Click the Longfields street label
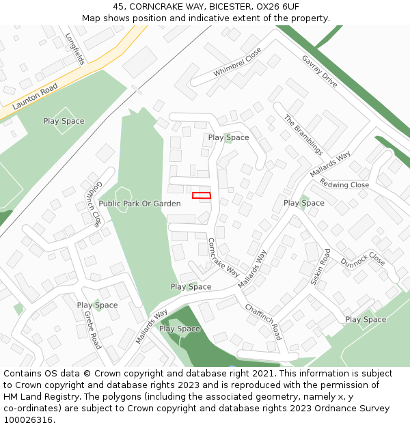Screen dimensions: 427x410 74,49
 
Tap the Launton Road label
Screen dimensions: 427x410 35,97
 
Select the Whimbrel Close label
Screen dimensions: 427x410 237,62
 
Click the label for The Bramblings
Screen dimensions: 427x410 303,135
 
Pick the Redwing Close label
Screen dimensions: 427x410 344,184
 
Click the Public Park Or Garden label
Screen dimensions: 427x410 139,204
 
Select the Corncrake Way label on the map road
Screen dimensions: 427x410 223,256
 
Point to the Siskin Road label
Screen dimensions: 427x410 320,266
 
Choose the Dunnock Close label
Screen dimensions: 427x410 363,259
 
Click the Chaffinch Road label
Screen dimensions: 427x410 263,322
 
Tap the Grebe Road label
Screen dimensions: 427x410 92,329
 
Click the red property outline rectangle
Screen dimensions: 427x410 202,195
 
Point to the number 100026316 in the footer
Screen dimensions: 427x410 27,420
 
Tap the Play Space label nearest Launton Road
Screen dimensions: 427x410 64,121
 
